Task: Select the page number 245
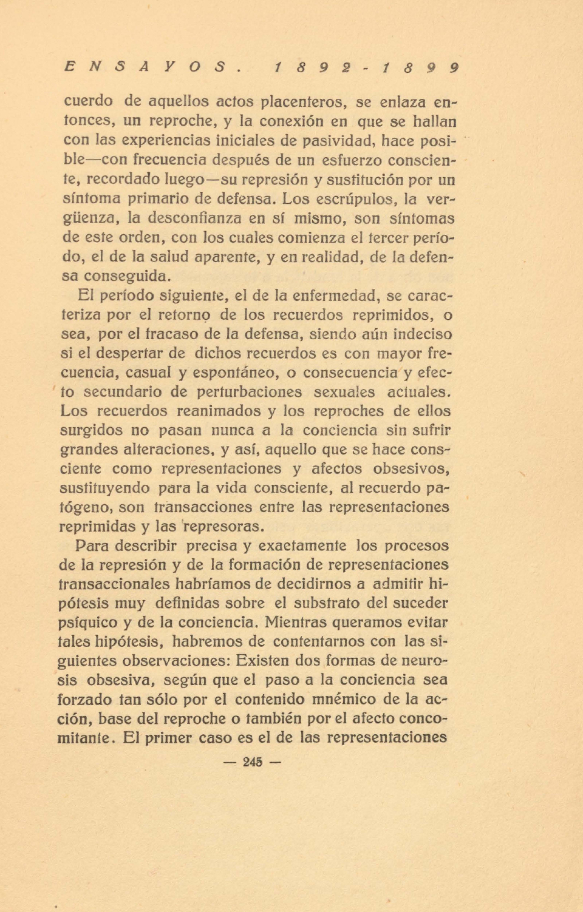(x=252, y=762)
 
